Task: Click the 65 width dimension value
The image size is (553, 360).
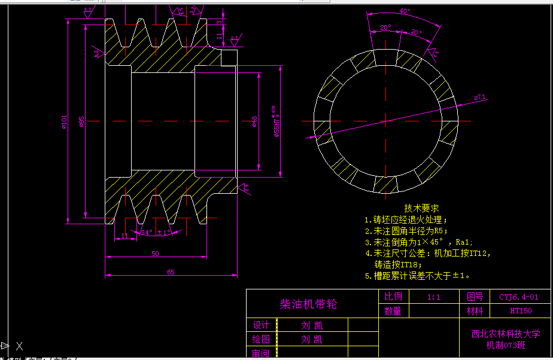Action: (x=171, y=272)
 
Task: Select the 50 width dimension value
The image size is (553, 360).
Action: (x=155, y=254)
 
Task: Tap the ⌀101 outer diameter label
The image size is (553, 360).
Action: (x=64, y=122)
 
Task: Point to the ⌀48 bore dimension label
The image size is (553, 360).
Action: (x=254, y=122)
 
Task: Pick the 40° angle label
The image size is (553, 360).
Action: (x=405, y=11)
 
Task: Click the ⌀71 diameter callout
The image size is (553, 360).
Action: (x=480, y=97)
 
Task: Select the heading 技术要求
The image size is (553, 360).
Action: (x=421, y=208)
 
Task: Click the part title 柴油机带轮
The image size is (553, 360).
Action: (x=308, y=304)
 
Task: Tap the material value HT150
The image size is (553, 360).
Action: (x=521, y=311)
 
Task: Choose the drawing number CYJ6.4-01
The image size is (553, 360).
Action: (x=519, y=297)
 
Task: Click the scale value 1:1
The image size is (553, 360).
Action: (x=434, y=297)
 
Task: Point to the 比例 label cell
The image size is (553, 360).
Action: (x=393, y=297)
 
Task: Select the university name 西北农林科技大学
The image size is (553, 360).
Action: (x=506, y=334)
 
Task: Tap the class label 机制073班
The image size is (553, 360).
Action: (x=506, y=345)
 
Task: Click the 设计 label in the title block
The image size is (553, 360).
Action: (x=261, y=325)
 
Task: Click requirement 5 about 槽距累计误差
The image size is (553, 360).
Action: (x=417, y=276)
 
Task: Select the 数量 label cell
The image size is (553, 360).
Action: (x=393, y=311)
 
